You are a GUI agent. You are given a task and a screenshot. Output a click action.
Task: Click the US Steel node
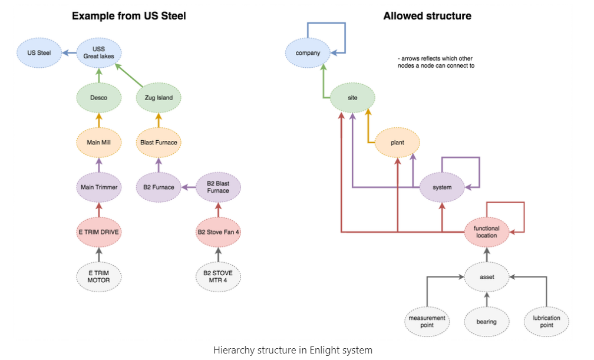tap(40, 52)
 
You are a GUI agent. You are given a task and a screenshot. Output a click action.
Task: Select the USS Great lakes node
tap(99, 52)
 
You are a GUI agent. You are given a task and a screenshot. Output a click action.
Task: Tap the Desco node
tap(99, 97)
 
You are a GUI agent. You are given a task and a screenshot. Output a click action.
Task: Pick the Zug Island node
tap(159, 97)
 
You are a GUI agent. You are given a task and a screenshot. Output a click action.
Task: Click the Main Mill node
tap(99, 142)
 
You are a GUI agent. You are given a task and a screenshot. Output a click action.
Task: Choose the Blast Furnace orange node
tap(159, 142)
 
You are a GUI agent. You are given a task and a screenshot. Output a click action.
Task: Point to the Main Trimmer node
tap(99, 187)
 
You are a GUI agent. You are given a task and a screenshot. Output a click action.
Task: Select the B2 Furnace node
tap(159, 187)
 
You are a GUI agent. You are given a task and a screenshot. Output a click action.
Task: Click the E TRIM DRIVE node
tap(99, 232)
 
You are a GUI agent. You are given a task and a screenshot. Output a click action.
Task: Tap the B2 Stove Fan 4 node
tap(218, 232)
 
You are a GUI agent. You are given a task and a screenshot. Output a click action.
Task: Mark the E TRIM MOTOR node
tap(99, 276)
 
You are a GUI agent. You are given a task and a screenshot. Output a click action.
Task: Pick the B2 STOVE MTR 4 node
tap(218, 276)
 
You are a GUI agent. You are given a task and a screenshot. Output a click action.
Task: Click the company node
tap(308, 53)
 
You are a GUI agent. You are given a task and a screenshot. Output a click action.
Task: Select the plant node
tap(397, 143)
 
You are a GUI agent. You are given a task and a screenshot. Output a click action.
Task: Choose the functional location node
tap(486, 232)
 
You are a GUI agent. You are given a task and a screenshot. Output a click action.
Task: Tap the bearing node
tap(486, 322)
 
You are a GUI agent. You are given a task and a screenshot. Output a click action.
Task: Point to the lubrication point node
tap(546, 322)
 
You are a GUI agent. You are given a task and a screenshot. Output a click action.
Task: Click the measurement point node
tap(427, 322)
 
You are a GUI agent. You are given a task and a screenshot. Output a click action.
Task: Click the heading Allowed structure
tap(427, 16)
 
